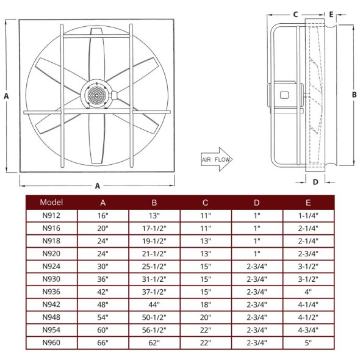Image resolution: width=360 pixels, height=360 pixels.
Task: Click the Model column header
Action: pos(51,202)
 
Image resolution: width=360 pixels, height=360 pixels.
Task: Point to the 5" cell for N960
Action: pos(308,344)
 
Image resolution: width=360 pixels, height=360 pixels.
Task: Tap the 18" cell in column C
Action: pos(206,305)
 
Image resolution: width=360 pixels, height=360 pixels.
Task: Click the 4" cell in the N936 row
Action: pos(308,292)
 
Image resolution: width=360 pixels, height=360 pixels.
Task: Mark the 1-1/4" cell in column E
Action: pos(308,215)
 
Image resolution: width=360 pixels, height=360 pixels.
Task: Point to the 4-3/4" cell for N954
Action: pos(308,331)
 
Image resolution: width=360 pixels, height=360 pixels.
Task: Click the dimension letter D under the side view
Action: pos(315,181)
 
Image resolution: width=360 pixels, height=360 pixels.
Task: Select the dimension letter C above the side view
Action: pos(295,13)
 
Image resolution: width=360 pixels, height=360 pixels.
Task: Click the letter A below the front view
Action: pos(97,185)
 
